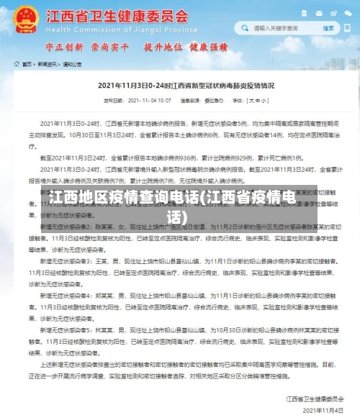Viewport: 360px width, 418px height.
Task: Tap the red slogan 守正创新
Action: pos(64,47)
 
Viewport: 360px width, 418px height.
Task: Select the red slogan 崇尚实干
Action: pos(109,47)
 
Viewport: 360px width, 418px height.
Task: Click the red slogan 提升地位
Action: pos(163,47)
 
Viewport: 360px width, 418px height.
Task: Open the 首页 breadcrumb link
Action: pos(26,64)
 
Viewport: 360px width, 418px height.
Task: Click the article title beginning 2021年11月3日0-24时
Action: pos(180,86)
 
